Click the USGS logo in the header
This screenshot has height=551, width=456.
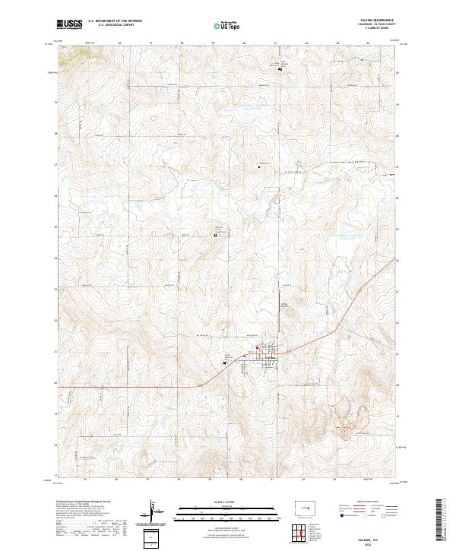(x=70, y=24)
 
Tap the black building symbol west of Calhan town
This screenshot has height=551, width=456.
(x=225, y=363)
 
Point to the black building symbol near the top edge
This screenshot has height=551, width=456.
(x=280, y=70)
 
